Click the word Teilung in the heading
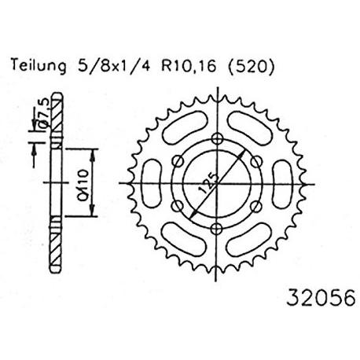(39, 66)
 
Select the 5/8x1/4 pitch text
(114, 66)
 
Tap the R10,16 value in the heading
(189, 66)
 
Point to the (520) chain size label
(252, 66)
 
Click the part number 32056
(321, 298)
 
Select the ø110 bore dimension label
(83, 185)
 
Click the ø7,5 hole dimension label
(43, 114)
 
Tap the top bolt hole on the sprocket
(217, 138)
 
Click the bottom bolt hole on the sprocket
(217, 229)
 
